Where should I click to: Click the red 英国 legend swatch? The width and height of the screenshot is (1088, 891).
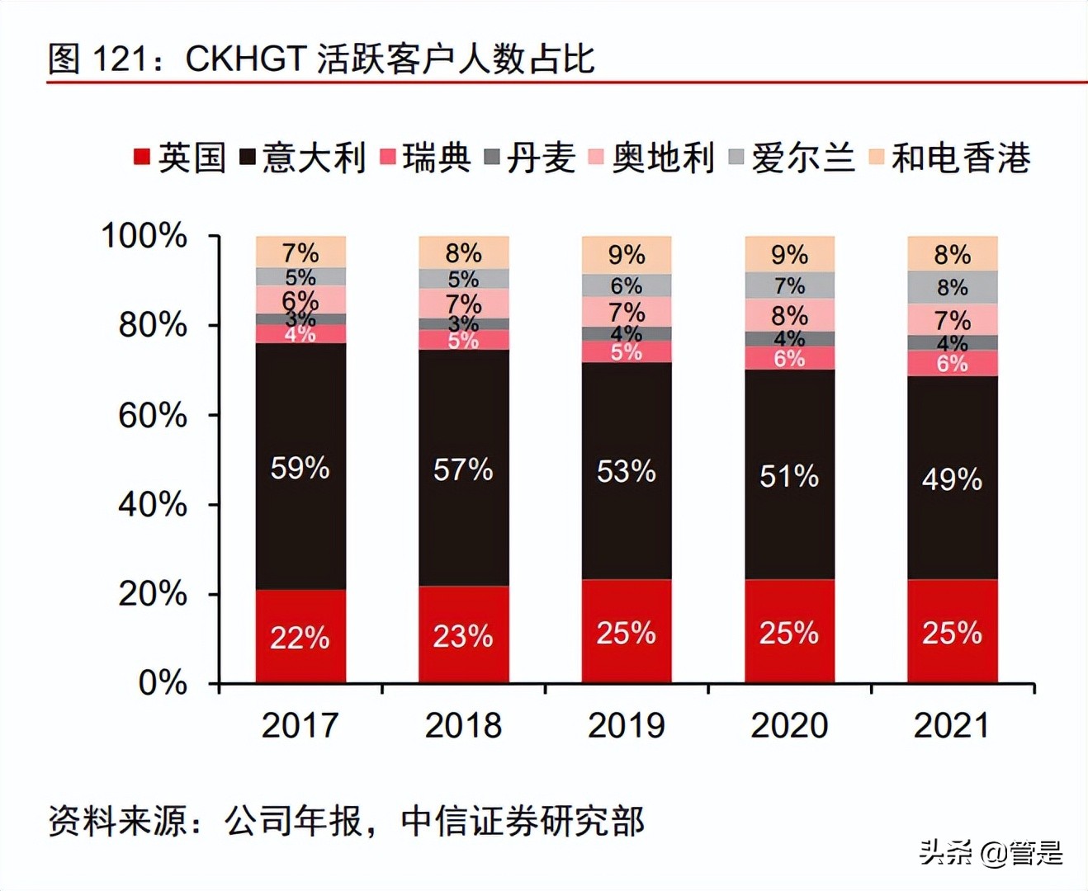coord(141,156)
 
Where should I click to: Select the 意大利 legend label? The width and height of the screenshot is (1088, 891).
coord(314,157)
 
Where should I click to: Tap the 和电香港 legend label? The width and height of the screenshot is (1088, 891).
coord(961,157)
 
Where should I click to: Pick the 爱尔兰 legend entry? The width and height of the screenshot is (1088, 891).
coord(802,157)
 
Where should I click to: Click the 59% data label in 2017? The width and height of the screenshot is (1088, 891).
coord(300,469)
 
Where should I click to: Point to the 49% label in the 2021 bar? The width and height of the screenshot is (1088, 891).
coord(952,479)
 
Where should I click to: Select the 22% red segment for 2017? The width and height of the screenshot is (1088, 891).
coord(300,637)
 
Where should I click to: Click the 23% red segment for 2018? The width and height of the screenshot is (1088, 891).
coord(463,635)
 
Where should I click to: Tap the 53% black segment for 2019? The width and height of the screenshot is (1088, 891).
coord(626,471)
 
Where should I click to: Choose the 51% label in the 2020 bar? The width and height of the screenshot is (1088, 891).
coord(789,476)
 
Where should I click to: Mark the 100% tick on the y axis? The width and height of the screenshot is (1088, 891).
coord(144,236)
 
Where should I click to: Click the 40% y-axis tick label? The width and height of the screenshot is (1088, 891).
coord(153,504)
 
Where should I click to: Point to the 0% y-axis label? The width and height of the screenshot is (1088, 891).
coord(163,683)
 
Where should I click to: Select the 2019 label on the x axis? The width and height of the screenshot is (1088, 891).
coord(626,725)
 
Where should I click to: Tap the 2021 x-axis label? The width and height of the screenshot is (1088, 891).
coord(951,725)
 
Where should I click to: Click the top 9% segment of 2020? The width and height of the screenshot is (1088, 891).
coord(789,254)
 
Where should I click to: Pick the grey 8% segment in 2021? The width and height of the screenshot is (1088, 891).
coord(952,287)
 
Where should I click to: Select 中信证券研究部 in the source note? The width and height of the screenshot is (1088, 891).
coord(523,821)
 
